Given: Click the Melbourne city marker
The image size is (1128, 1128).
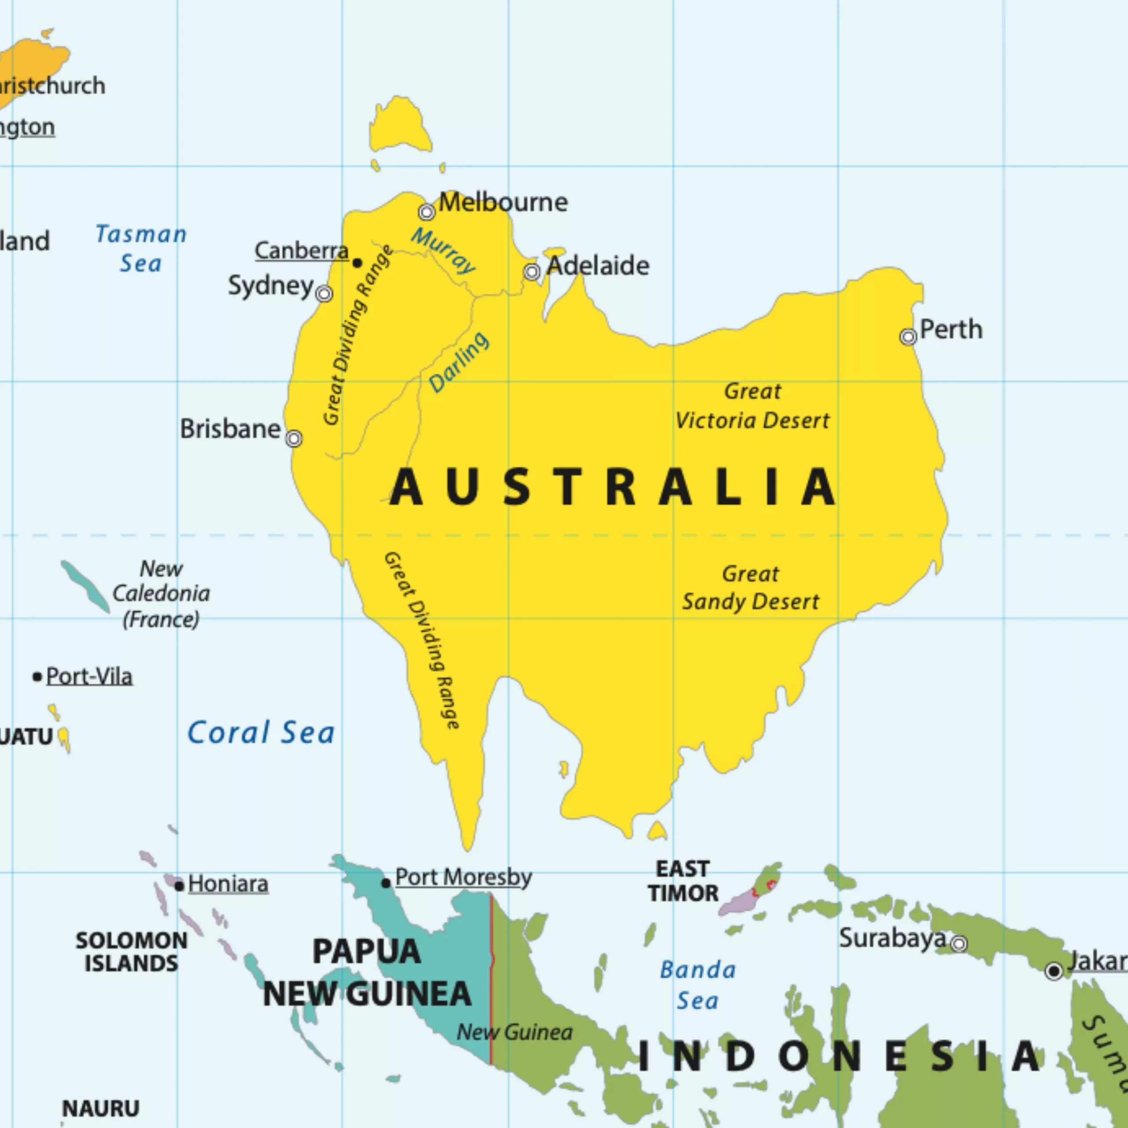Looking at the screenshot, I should (427, 212).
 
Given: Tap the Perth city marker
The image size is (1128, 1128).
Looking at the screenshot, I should (908, 337).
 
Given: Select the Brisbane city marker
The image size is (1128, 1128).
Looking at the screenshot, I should (294, 438).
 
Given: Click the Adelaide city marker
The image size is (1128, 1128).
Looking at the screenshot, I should (531, 271).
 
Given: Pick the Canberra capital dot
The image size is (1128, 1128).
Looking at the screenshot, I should (357, 263).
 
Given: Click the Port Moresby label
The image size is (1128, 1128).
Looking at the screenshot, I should (463, 877).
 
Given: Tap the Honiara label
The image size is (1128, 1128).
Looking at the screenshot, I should (228, 884).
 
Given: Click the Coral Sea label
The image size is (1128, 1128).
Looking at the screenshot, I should (260, 732).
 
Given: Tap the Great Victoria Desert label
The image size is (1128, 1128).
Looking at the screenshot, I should (752, 406).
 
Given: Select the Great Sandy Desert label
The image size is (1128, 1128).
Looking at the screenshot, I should (751, 587).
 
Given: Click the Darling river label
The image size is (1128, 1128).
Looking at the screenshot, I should (459, 362).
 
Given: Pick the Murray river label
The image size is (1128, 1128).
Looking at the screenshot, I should (443, 251).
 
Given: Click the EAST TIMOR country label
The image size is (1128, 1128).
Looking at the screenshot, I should (683, 881).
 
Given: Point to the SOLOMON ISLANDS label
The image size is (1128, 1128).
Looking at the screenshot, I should (131, 952).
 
